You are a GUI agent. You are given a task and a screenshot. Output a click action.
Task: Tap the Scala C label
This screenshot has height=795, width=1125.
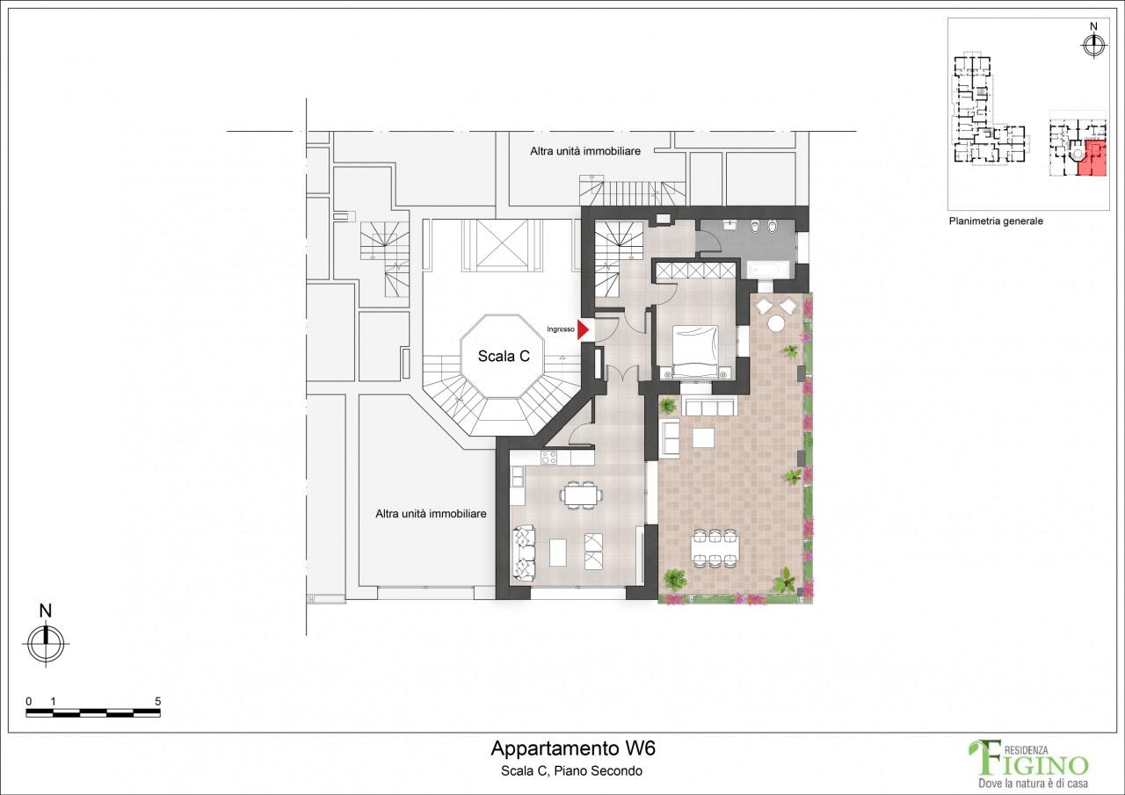[x=504, y=356]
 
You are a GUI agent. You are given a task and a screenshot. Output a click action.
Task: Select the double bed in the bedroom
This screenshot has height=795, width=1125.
[x=694, y=351]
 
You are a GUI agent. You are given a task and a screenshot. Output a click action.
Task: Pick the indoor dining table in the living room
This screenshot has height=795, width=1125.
[x=580, y=495]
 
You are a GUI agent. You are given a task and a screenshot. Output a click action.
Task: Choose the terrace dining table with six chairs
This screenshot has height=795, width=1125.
[x=715, y=547]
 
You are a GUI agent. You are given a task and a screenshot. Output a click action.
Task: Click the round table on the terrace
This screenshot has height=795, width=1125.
[x=776, y=322]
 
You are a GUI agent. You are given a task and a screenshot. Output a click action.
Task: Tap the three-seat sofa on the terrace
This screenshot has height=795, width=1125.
[x=710, y=406]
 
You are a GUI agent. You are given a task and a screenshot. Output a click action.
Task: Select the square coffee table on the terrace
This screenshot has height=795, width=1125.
[x=704, y=437]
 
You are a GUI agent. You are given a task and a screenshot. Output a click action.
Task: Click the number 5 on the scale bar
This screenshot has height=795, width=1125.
[x=158, y=701]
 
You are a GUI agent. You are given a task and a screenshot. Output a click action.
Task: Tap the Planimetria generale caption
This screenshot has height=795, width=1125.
[x=996, y=220]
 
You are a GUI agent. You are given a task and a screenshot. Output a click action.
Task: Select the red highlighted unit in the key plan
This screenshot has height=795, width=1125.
[x=1092, y=158]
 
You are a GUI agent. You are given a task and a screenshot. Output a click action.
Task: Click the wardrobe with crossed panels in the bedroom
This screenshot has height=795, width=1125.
[x=694, y=271]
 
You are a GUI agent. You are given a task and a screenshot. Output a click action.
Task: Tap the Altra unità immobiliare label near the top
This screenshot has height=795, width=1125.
[x=585, y=150]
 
